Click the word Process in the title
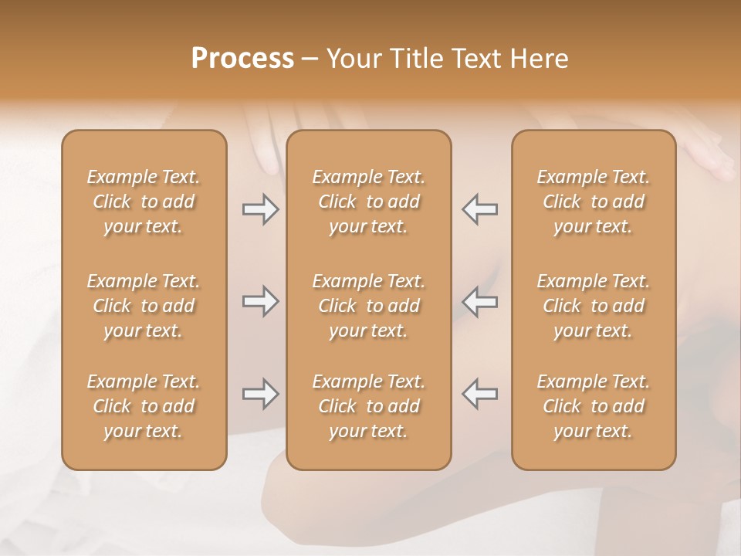point(242,59)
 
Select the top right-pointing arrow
point(260,209)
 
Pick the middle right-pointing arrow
point(260,302)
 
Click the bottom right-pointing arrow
point(260,394)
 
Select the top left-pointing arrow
point(480,209)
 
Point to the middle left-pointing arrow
point(480,302)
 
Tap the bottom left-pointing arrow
point(480,394)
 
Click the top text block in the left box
point(144,202)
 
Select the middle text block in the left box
point(144,306)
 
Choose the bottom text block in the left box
point(144,406)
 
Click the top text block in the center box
point(369,202)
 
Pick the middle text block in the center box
point(369,306)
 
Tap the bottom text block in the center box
point(369,406)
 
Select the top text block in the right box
point(594,202)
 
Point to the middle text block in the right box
point(594,306)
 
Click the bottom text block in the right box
point(594,406)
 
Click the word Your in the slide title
point(351,59)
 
